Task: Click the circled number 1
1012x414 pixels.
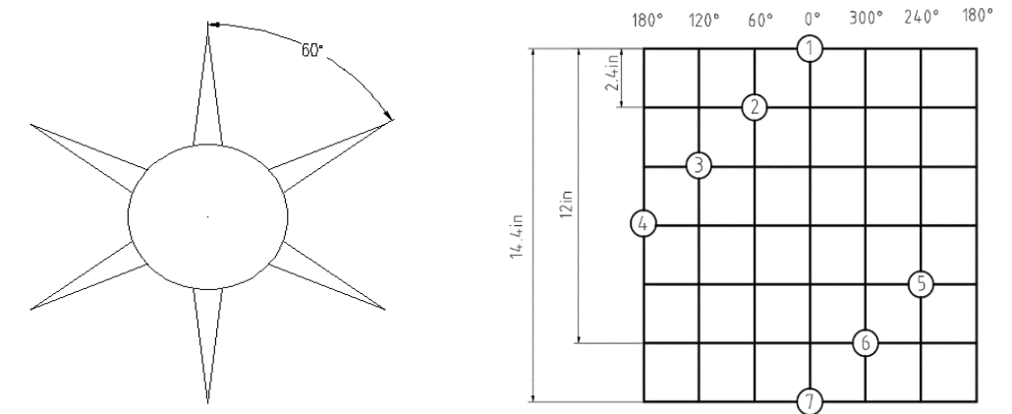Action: tap(810, 48)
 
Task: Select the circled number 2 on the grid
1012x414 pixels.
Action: tap(755, 107)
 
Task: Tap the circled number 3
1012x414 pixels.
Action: tap(699, 166)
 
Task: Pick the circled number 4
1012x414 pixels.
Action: tap(643, 225)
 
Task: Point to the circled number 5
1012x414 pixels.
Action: tap(921, 283)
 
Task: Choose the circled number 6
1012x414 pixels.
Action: tap(866, 343)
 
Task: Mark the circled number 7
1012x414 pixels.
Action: tap(810, 401)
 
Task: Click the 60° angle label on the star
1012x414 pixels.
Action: tap(311, 50)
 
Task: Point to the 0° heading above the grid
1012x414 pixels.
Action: tap(813, 19)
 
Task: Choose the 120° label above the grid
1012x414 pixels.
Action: tap(703, 20)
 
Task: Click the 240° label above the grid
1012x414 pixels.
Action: tap(922, 17)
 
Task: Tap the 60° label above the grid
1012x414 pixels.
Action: tap(760, 20)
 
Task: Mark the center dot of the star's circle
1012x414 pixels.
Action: tap(207, 217)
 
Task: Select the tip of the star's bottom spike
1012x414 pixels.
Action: tap(208, 403)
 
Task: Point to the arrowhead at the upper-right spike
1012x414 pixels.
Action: tap(388, 115)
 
